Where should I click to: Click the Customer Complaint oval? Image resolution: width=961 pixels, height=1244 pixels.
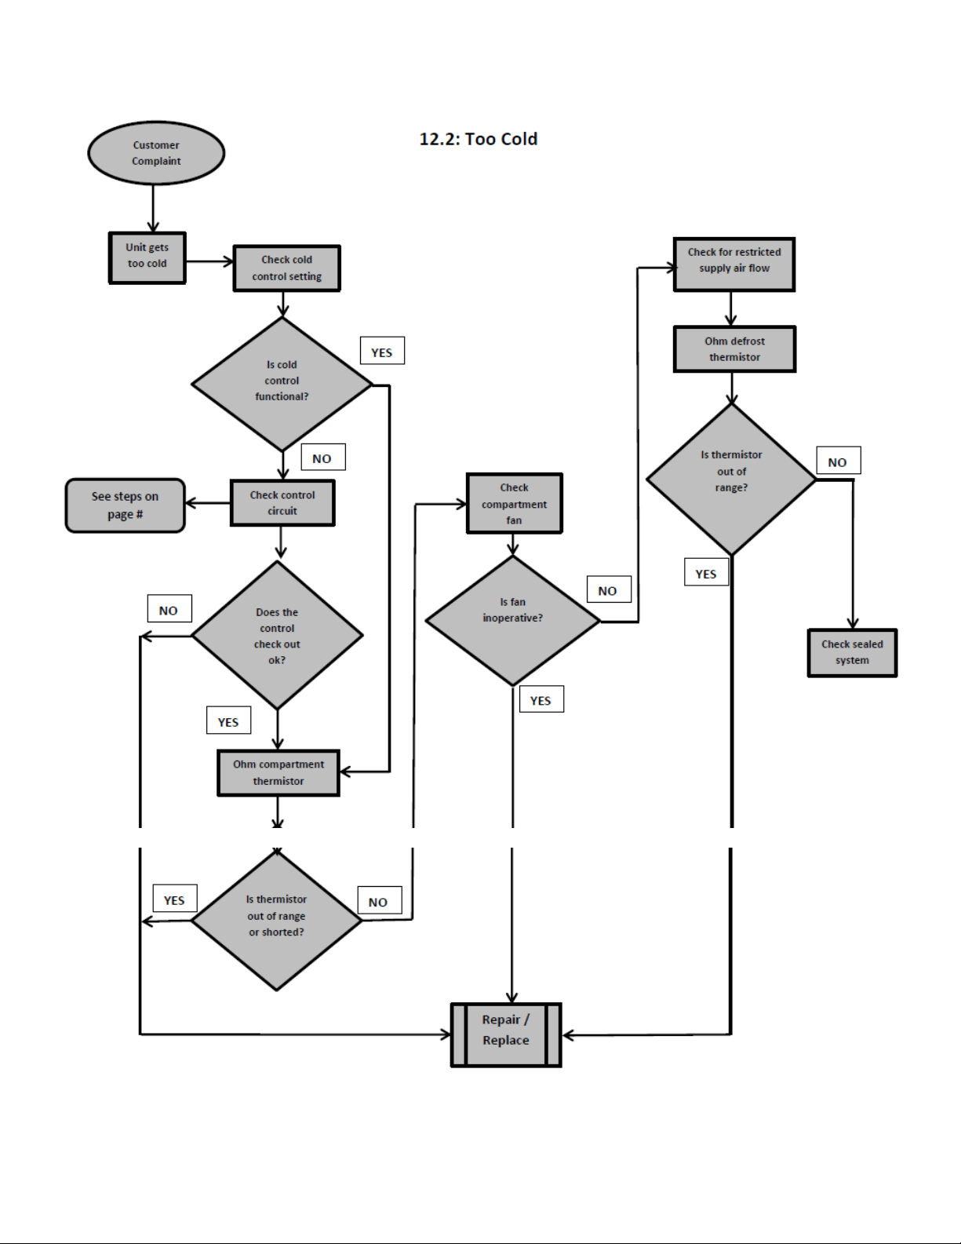point(156,153)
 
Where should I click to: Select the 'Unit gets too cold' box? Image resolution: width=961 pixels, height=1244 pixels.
point(147,258)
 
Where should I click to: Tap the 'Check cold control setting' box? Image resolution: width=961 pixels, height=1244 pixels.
point(286,268)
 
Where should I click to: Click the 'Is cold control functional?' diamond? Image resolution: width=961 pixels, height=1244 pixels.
point(282,384)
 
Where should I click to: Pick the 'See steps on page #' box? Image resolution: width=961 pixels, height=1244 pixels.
point(126,505)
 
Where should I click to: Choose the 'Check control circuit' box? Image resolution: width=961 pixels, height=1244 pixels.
point(282,502)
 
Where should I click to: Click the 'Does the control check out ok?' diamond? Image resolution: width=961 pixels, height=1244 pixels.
point(278,635)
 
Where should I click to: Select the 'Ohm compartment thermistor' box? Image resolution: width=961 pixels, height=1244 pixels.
point(278,773)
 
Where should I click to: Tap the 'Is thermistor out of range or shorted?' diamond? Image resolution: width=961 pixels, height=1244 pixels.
point(276,920)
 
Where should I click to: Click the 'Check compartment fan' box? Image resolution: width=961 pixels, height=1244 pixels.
point(515,503)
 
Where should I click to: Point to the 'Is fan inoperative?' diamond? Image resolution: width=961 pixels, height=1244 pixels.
point(512,621)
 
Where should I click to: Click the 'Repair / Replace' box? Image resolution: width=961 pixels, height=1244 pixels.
point(506,1034)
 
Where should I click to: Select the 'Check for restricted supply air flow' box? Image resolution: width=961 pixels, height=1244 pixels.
point(734,264)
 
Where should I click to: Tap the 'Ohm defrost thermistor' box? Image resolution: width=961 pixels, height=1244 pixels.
point(734,349)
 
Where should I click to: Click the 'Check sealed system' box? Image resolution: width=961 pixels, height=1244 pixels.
point(852,653)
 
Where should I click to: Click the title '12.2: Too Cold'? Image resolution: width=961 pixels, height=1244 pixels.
point(479,139)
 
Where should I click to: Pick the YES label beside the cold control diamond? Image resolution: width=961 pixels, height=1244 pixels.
point(382,350)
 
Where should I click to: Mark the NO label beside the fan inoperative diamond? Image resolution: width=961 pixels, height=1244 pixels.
point(610,589)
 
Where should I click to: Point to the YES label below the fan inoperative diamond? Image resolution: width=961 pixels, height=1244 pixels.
point(542,699)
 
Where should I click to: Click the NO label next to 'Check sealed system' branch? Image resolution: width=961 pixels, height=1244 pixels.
point(839,460)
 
